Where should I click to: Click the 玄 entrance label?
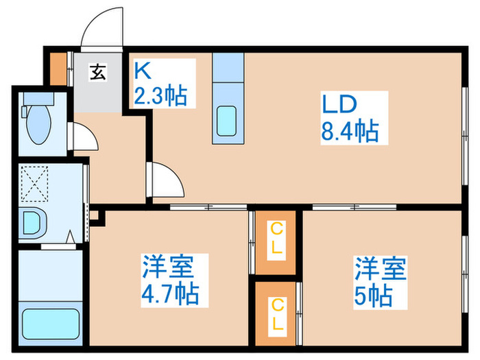pos(97,71)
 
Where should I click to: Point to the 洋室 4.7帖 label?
pos(170,280)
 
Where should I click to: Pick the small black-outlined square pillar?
pos(95,219)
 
